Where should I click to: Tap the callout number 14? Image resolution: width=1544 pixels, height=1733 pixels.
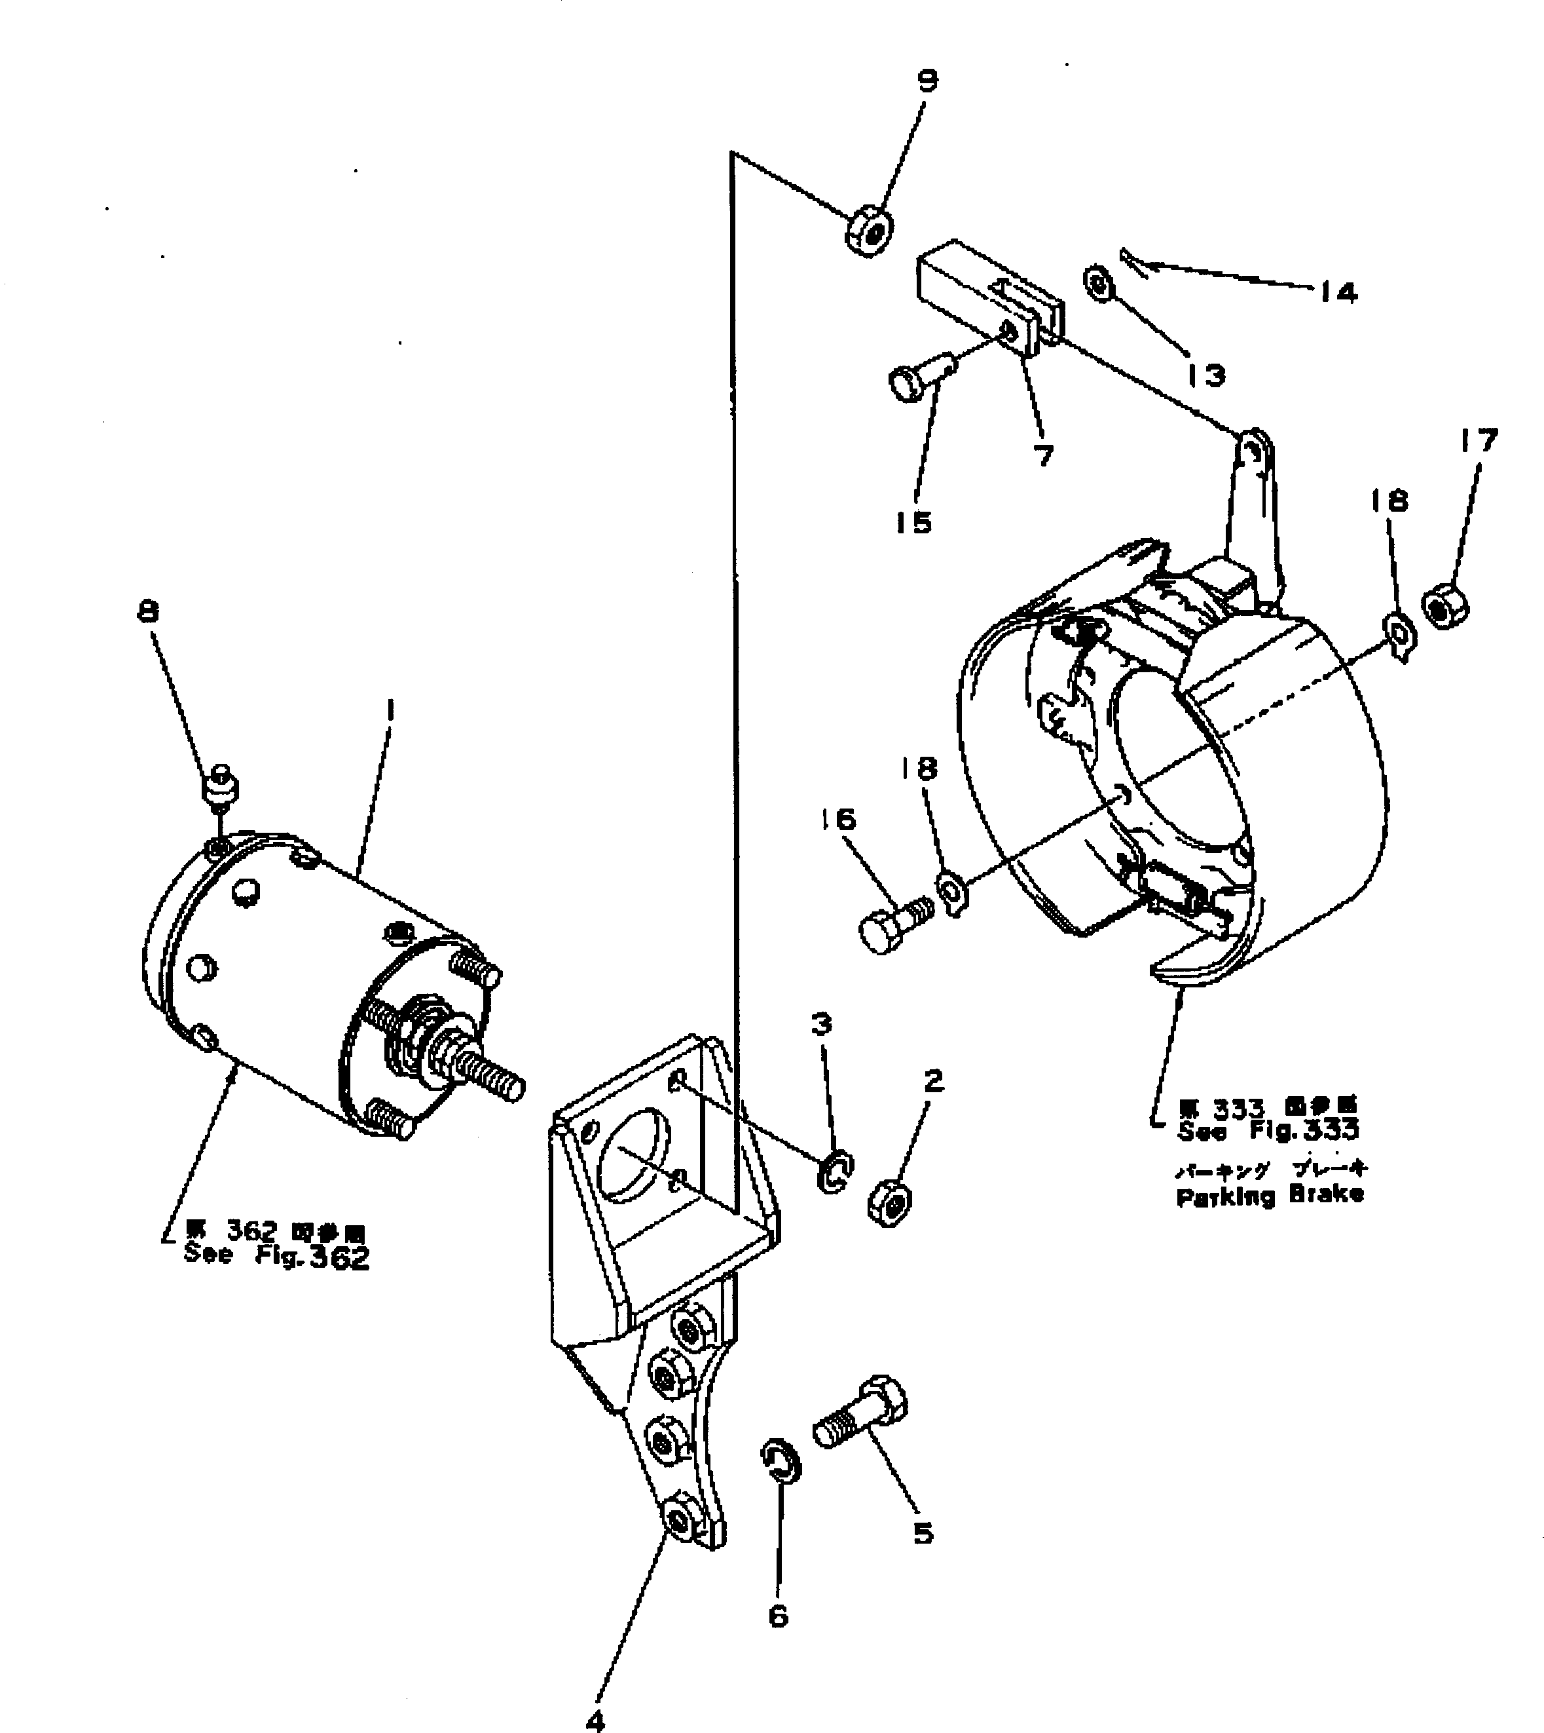click(1338, 294)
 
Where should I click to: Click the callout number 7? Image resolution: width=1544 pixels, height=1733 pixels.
click(1044, 456)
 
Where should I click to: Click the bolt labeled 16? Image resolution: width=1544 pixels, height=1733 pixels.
click(895, 928)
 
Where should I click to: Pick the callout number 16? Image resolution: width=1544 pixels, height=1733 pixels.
click(838, 820)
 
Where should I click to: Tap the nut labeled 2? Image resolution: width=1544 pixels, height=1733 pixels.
click(889, 1202)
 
